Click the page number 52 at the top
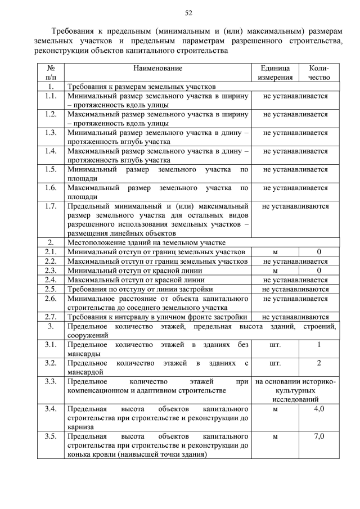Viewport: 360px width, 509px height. tap(188, 13)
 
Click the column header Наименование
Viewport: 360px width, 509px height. tap(158, 68)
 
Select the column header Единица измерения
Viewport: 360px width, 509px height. tap(274, 73)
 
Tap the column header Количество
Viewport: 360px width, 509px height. tap(319, 73)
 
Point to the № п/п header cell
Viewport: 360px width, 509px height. tap(51, 73)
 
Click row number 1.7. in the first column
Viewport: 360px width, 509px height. tap(51, 206)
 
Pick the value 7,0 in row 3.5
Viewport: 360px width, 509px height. tap(319, 436)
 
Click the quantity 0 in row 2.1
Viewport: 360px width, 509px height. tap(319, 252)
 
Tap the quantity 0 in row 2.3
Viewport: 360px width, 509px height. tap(319, 270)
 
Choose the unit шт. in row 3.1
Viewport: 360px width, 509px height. tap(274, 344)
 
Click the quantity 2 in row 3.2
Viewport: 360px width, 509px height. tap(319, 363)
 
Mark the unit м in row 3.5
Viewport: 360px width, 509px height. tap(274, 436)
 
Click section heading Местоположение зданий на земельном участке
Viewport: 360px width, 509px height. tap(146, 242)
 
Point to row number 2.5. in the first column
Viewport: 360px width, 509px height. tap(51, 289)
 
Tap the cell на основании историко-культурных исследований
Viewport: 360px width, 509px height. tap(295, 390)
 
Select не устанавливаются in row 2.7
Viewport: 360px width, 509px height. tap(295, 317)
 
